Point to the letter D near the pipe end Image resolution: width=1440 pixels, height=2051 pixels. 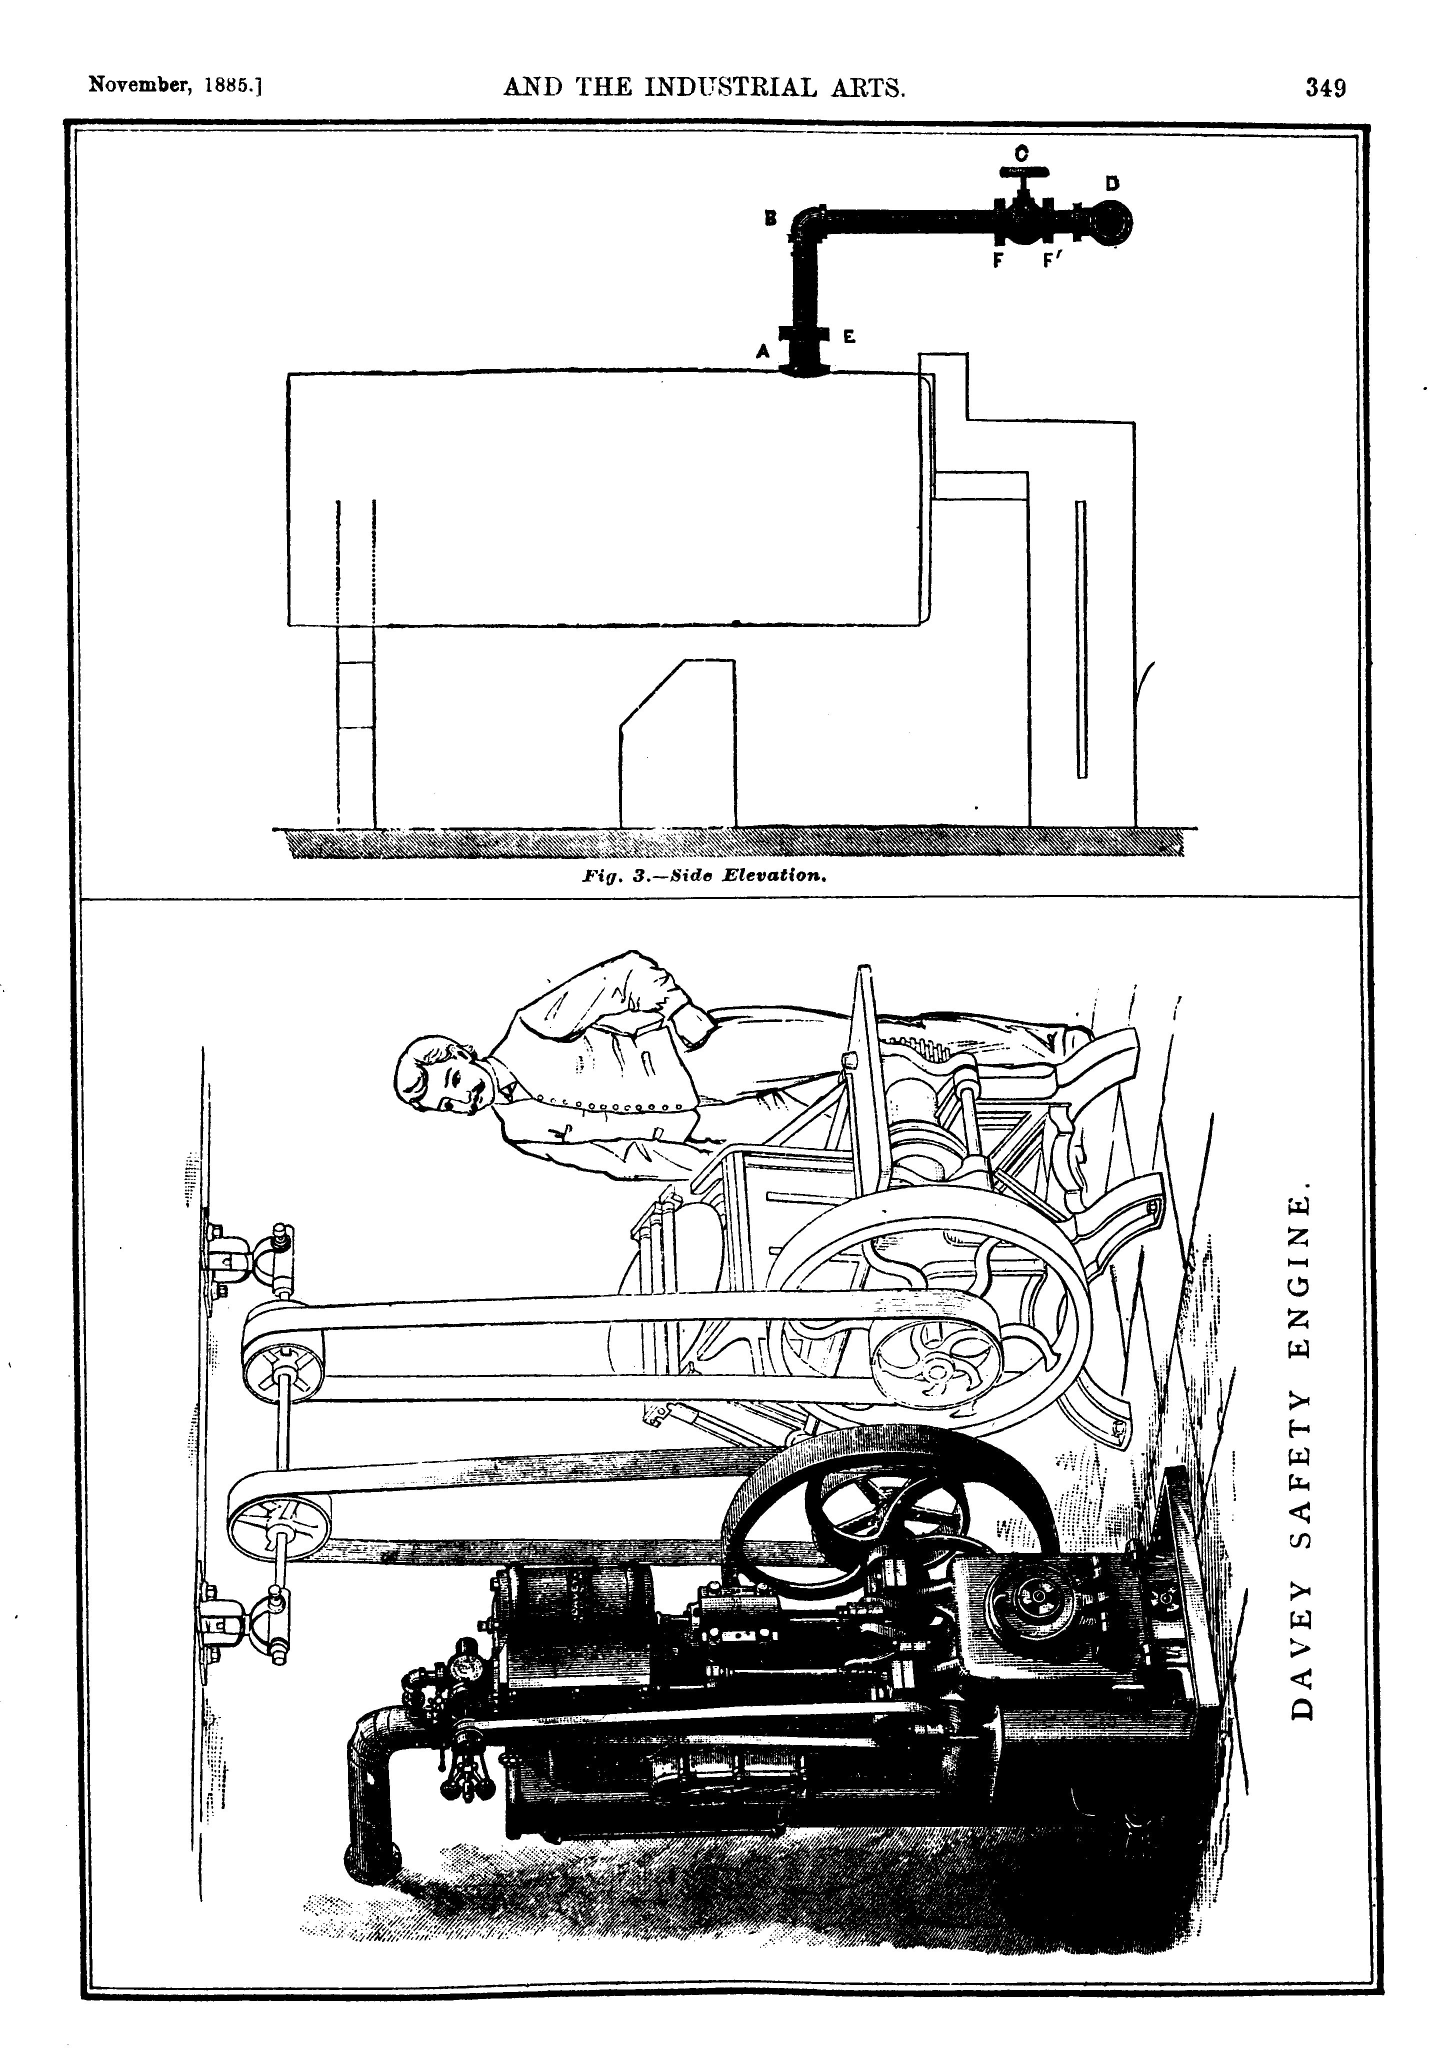coord(1112,184)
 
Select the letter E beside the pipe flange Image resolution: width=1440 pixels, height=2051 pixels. coord(848,337)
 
